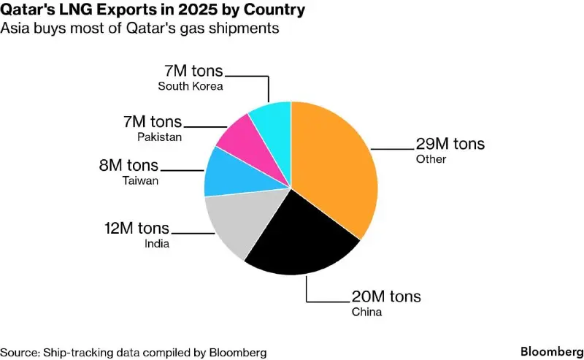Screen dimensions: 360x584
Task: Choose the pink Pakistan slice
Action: pyautogui.click(x=241, y=135)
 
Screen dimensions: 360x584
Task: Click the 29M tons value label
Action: pyautogui.click(x=450, y=143)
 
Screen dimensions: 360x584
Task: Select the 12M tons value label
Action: pyautogui.click(x=137, y=228)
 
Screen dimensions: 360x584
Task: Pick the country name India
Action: pyautogui.click(x=157, y=243)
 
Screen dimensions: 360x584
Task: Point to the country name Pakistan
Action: pyautogui.click(x=159, y=137)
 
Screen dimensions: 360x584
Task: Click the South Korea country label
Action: pyautogui.click(x=190, y=86)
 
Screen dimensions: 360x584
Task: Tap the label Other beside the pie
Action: pyautogui.click(x=431, y=159)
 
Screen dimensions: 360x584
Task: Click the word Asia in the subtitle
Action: pyautogui.click(x=18, y=29)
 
